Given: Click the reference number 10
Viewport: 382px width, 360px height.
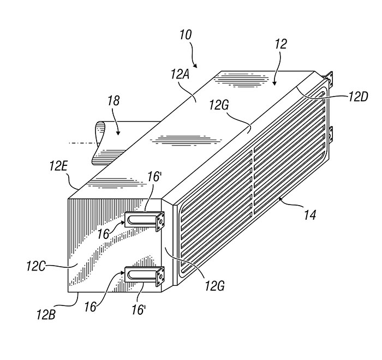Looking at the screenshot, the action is (x=186, y=35).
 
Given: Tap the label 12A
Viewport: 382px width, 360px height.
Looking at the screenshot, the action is (x=180, y=75).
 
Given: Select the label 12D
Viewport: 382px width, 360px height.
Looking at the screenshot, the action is (x=358, y=97).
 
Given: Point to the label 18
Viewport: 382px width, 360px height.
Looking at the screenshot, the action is (x=114, y=100).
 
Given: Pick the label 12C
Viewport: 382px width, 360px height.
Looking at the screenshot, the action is (x=35, y=266).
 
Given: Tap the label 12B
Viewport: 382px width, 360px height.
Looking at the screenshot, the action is (x=46, y=314).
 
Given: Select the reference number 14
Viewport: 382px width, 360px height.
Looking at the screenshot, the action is (x=310, y=215).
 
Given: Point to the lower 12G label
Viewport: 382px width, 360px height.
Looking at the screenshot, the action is (x=214, y=286).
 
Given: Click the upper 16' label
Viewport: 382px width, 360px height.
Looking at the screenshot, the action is (x=153, y=177).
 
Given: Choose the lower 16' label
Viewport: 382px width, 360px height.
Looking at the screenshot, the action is (x=139, y=310).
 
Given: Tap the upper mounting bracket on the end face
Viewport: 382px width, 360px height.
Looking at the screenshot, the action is (x=145, y=220).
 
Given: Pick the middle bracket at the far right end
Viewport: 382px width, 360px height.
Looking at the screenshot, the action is (x=330, y=134).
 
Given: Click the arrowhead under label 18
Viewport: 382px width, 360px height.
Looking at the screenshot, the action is (x=118, y=133).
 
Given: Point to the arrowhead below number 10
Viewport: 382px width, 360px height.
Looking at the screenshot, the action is (x=195, y=65).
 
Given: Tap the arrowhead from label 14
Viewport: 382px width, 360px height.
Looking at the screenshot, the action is (x=280, y=199).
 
